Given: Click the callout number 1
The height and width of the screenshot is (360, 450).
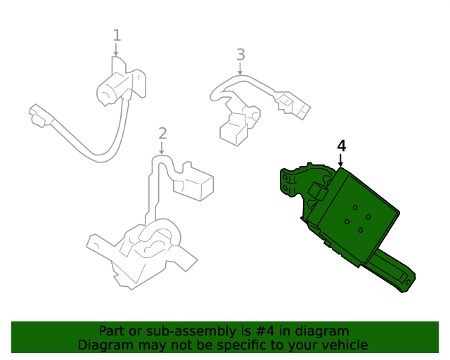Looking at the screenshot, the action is click(x=117, y=35).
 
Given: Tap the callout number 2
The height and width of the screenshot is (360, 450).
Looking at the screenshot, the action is click(x=162, y=134).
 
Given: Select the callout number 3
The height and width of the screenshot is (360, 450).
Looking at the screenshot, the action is click(x=240, y=55).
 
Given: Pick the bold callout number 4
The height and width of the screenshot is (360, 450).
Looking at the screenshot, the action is click(x=341, y=146).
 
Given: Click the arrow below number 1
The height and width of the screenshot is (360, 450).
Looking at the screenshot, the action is click(x=116, y=49).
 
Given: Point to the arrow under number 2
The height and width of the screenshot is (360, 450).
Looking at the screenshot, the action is click(x=162, y=148).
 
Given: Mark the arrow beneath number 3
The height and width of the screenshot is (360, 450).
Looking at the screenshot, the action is click(x=240, y=69).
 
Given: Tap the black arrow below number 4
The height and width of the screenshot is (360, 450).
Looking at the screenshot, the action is click(x=340, y=160).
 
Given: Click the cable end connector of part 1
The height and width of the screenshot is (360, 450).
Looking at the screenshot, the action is click(x=39, y=115).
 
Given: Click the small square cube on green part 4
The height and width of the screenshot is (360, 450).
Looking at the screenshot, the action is click(x=318, y=191).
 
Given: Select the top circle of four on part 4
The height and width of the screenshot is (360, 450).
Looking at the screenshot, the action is click(x=355, y=207).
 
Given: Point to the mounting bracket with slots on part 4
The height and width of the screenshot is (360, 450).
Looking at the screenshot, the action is click(x=289, y=183).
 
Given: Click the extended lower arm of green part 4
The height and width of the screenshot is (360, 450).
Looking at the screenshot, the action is click(x=393, y=271).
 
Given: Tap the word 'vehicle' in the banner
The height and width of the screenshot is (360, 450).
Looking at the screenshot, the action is click(x=348, y=345).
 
